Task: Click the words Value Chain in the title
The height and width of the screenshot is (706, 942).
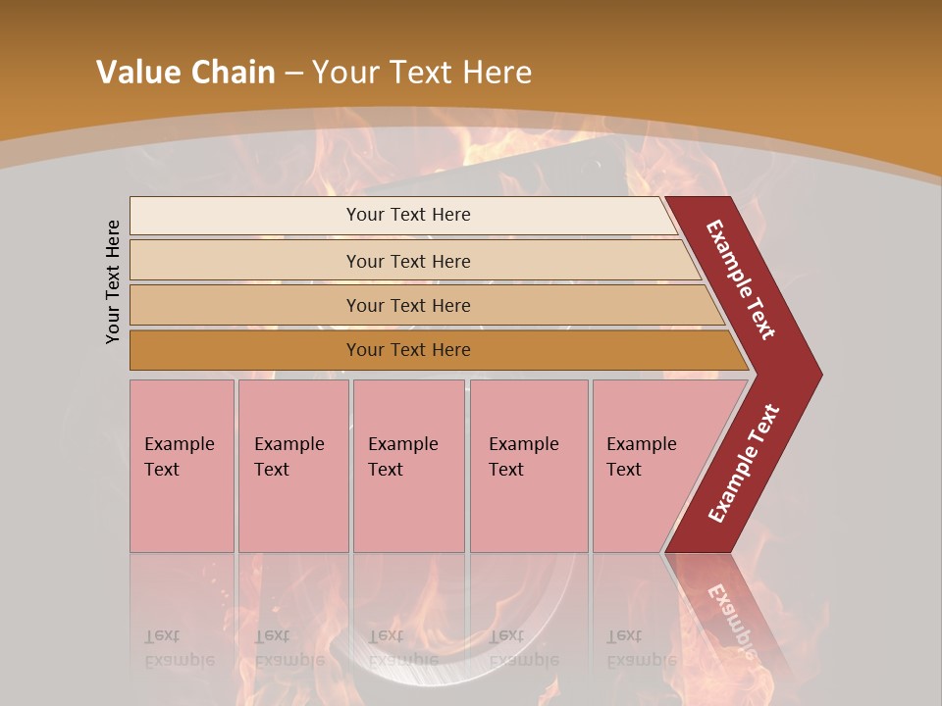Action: [x=185, y=73]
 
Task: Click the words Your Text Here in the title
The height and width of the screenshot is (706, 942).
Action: [x=422, y=73]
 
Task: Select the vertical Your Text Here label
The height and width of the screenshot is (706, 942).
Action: [x=113, y=281]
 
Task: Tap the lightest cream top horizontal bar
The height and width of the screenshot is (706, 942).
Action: [x=245, y=216]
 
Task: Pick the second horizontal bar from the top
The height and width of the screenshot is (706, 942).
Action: [x=245, y=261]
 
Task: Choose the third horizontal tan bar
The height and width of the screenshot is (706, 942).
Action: [x=245, y=305]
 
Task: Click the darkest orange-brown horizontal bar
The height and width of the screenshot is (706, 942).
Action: [x=245, y=350]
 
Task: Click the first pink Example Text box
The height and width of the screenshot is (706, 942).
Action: [x=182, y=466]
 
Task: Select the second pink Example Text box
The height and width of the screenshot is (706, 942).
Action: [x=293, y=466]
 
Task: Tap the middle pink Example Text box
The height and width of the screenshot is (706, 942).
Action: [x=408, y=466]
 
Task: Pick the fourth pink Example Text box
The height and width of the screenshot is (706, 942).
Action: [x=529, y=466]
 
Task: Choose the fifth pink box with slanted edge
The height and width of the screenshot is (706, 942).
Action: [x=648, y=466]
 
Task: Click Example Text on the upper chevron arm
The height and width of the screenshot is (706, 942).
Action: [x=741, y=279]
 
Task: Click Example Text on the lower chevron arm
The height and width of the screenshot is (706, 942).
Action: [x=744, y=463]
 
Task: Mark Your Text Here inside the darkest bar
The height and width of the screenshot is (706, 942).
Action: [x=408, y=350]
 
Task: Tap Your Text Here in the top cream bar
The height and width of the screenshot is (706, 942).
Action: [x=408, y=215]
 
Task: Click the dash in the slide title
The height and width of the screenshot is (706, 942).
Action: [x=293, y=73]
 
